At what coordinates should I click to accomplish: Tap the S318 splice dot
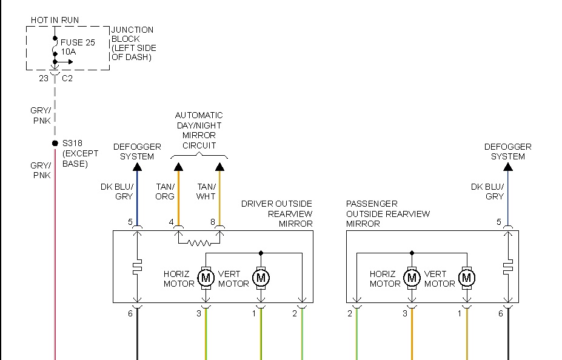click(55, 144)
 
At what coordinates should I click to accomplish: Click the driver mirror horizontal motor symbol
click(206, 278)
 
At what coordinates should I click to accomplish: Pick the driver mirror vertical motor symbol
click(261, 278)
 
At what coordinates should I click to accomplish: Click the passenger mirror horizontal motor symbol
click(412, 278)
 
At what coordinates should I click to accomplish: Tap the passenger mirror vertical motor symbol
click(466, 278)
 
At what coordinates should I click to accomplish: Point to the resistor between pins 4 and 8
click(198, 244)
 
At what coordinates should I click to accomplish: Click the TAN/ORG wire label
click(164, 192)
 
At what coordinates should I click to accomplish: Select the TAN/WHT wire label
click(206, 192)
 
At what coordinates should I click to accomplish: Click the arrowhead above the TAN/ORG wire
click(178, 167)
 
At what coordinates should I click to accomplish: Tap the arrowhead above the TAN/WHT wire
click(220, 167)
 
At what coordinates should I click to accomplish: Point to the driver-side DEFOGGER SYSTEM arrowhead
click(137, 167)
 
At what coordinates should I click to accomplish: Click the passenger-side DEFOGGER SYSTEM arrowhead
click(508, 167)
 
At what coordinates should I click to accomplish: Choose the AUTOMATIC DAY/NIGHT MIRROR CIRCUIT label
click(199, 130)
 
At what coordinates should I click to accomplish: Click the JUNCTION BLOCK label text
click(133, 44)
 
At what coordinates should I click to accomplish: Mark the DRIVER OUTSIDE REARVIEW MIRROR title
click(277, 213)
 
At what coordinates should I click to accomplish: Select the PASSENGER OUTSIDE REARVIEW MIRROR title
click(388, 213)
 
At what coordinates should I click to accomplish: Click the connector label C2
click(67, 78)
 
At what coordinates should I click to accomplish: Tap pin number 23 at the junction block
click(43, 78)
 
